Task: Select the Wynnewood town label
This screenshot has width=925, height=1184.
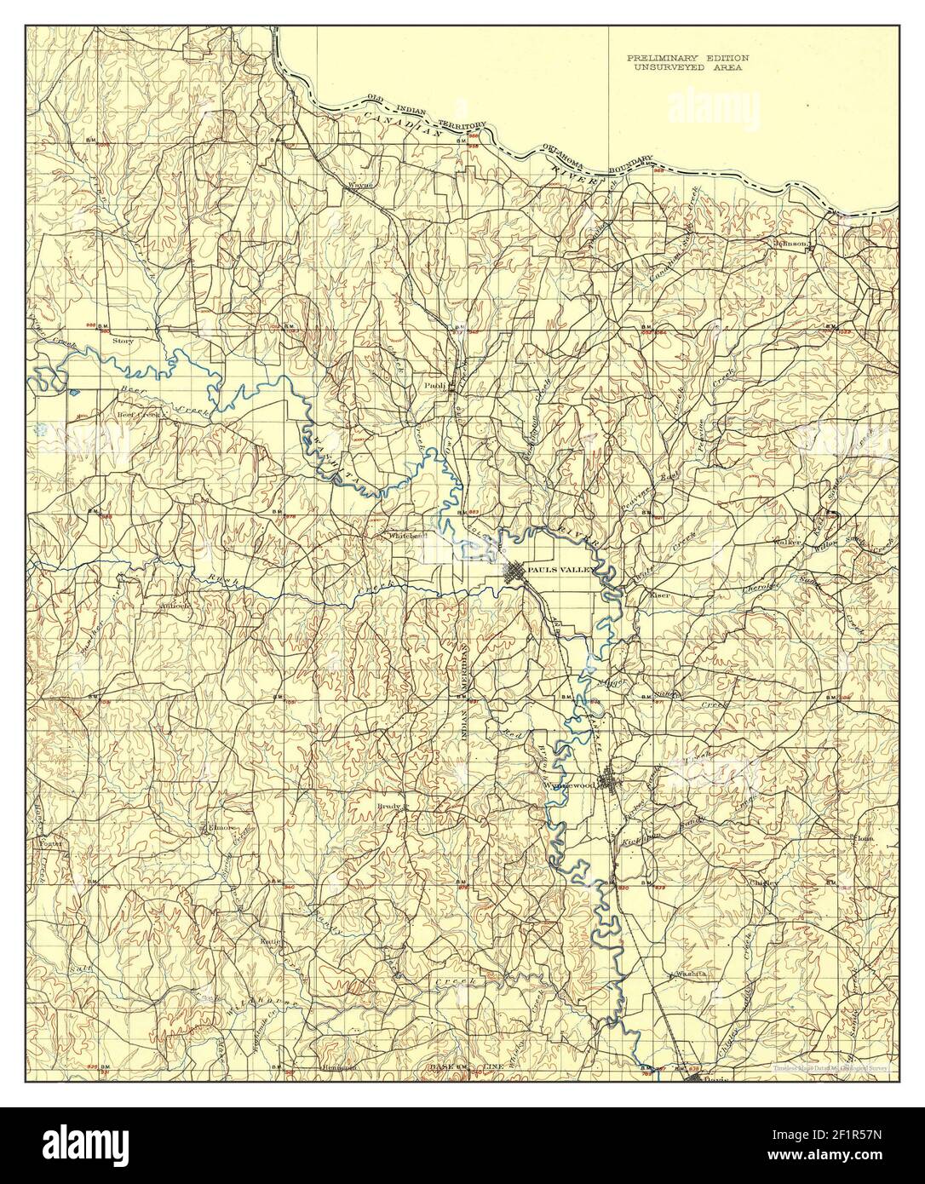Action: [566, 785]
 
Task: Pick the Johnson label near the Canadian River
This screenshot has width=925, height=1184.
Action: [790, 244]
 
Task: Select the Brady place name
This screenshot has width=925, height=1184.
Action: [389, 804]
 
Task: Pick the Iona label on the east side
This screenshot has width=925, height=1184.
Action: [865, 839]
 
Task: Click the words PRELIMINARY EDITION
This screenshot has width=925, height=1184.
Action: [688, 56]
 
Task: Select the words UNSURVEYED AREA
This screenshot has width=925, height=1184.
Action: [688, 66]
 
